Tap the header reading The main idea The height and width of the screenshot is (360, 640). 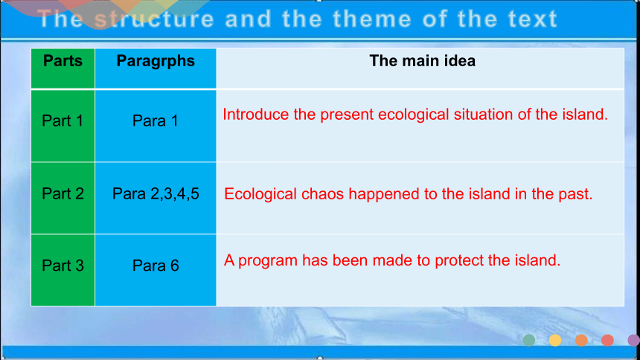click(423, 61)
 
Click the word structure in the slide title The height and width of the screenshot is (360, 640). click(154, 19)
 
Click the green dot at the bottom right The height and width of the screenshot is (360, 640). click(529, 340)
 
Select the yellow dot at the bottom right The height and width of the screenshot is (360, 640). click(555, 340)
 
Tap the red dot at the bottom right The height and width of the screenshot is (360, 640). click(607, 340)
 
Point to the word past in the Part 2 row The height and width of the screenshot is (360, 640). click(576, 194)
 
